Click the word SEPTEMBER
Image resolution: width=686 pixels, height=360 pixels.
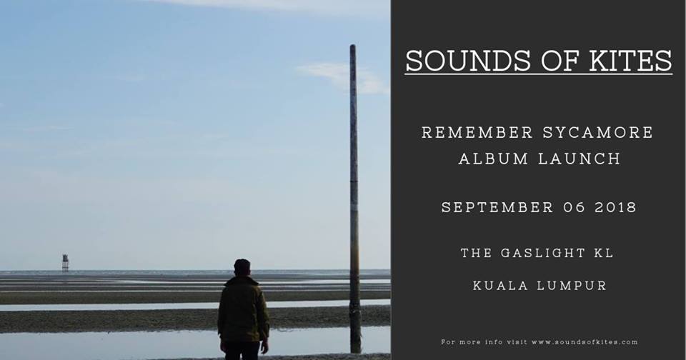click(498, 207)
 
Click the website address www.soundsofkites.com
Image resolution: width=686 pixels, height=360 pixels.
click(584, 342)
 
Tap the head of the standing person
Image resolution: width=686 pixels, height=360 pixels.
click(242, 266)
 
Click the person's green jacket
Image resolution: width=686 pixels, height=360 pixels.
click(243, 311)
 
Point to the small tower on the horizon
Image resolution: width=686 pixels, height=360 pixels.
click(65, 262)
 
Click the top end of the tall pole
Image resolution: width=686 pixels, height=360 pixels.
click(353, 49)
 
